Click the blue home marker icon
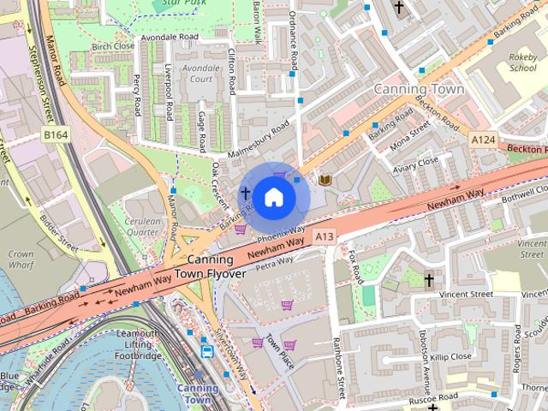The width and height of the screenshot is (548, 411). (x=273, y=197)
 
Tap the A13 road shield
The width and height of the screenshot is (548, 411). (x=323, y=236)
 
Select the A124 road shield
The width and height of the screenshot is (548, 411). (x=484, y=138)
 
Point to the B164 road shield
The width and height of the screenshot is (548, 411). (x=57, y=135)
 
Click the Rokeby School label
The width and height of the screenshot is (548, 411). (x=522, y=62)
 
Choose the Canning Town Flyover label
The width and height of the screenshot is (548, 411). (x=210, y=266)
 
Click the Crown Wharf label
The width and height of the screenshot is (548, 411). (x=21, y=259)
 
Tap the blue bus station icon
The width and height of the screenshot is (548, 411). (x=207, y=351)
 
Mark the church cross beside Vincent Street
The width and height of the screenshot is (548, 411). (x=430, y=280)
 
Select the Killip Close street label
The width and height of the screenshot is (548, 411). (x=450, y=355)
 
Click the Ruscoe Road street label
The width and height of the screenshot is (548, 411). (x=432, y=398)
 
